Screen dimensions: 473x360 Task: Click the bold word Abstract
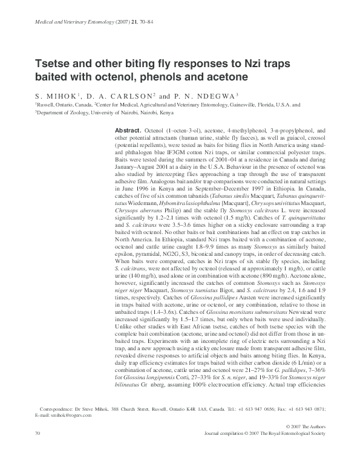tap(127, 131)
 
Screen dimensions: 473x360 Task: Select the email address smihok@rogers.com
tap(71, 416)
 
